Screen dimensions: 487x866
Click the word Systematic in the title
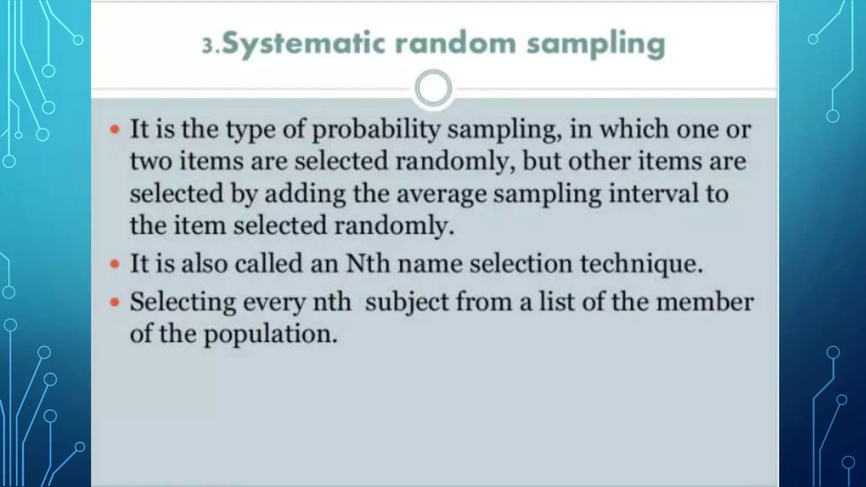(303, 44)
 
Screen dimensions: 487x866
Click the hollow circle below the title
(433, 88)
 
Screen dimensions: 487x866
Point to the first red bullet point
(115, 129)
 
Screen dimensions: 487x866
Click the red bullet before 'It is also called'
(115, 264)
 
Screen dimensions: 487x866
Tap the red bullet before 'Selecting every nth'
(115, 302)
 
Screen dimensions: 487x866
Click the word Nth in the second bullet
(367, 263)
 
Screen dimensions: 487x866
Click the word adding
(305, 194)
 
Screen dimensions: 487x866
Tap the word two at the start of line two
(151, 161)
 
